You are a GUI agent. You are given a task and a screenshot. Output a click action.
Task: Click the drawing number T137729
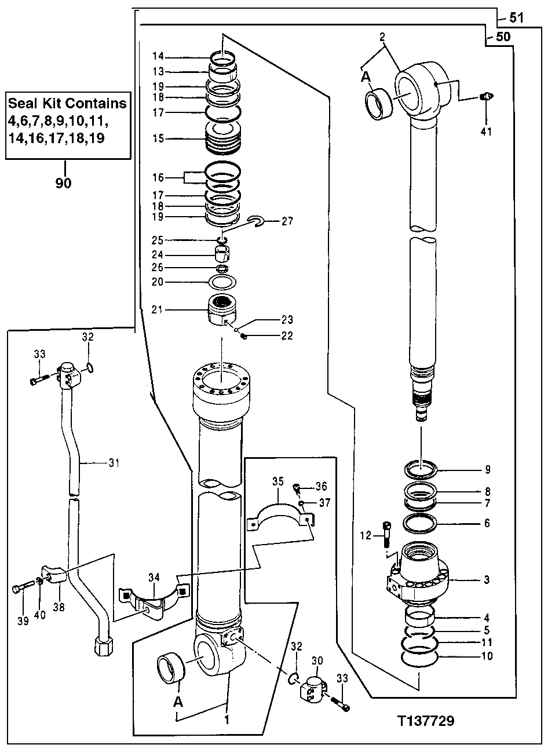[x=425, y=721]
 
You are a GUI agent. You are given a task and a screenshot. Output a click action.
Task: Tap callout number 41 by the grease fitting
[x=485, y=132]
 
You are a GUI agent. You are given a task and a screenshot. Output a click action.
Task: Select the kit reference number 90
[x=63, y=183]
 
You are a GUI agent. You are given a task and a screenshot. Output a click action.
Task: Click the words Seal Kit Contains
[x=67, y=104]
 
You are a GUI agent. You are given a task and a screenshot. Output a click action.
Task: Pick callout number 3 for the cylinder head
[x=487, y=579]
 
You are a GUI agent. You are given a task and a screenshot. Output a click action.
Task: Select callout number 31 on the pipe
[x=114, y=462]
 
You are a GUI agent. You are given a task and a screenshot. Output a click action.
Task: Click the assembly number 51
[x=517, y=18]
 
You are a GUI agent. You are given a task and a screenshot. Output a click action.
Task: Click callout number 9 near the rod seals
[x=487, y=469]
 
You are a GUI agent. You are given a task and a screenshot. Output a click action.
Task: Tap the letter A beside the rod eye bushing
[x=366, y=77]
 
